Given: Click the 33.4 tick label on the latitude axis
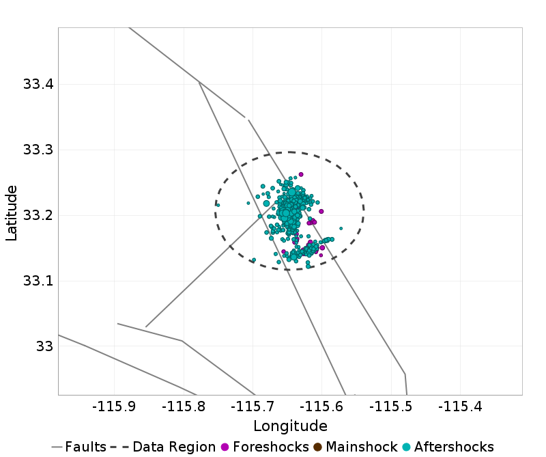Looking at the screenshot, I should pyautogui.click(x=38, y=85).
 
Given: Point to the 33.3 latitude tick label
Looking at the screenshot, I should pyautogui.click(x=38, y=150).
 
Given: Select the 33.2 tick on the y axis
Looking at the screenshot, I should pyautogui.click(x=38, y=216).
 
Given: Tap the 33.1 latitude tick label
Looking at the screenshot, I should pyautogui.click(x=38, y=281).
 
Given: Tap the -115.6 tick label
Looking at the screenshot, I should pyautogui.click(x=322, y=407).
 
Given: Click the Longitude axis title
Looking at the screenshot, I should pyautogui.click(x=290, y=426).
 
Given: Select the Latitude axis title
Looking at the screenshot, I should pyautogui.click(x=12, y=212).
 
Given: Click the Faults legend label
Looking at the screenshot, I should pyautogui.click(x=86, y=447).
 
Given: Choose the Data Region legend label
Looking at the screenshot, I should pyautogui.click(x=174, y=447).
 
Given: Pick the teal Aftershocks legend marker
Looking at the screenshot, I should pyautogui.click(x=406, y=447).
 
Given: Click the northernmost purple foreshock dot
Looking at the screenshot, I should pyautogui.click(x=301, y=174).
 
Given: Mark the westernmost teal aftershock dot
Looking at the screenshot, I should pyautogui.click(x=218, y=205).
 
